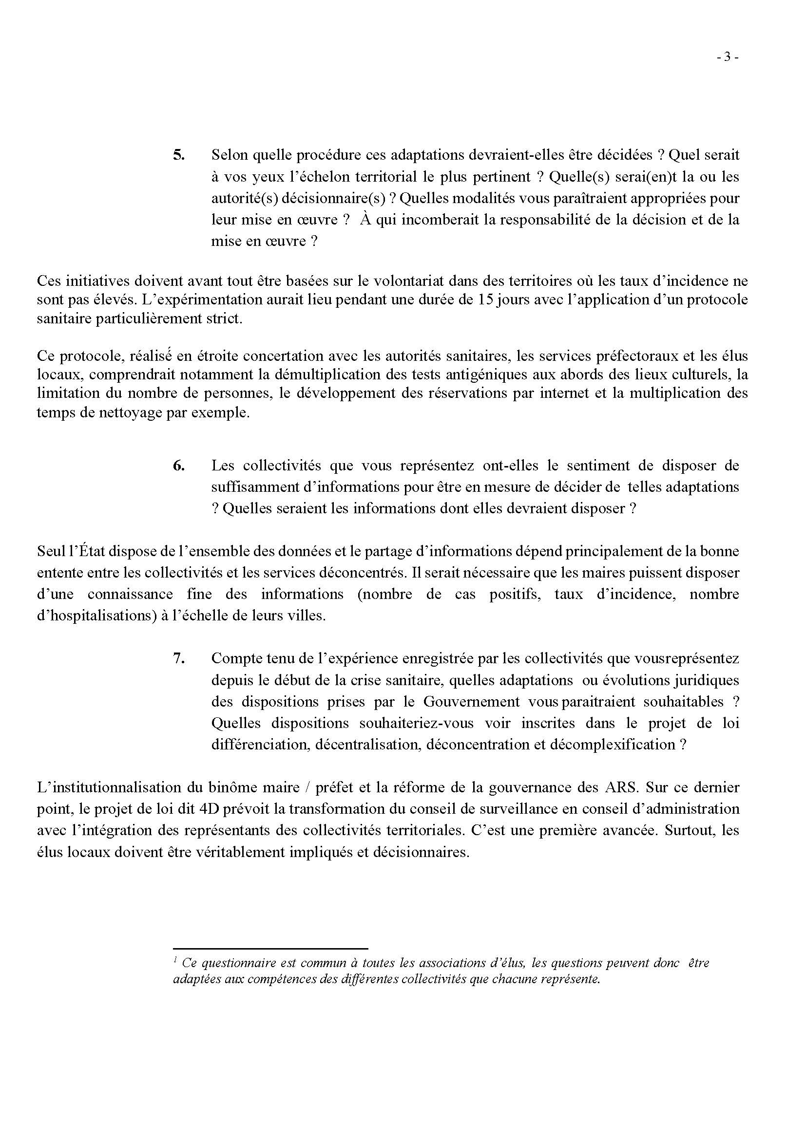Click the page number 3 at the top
(x=728, y=57)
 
